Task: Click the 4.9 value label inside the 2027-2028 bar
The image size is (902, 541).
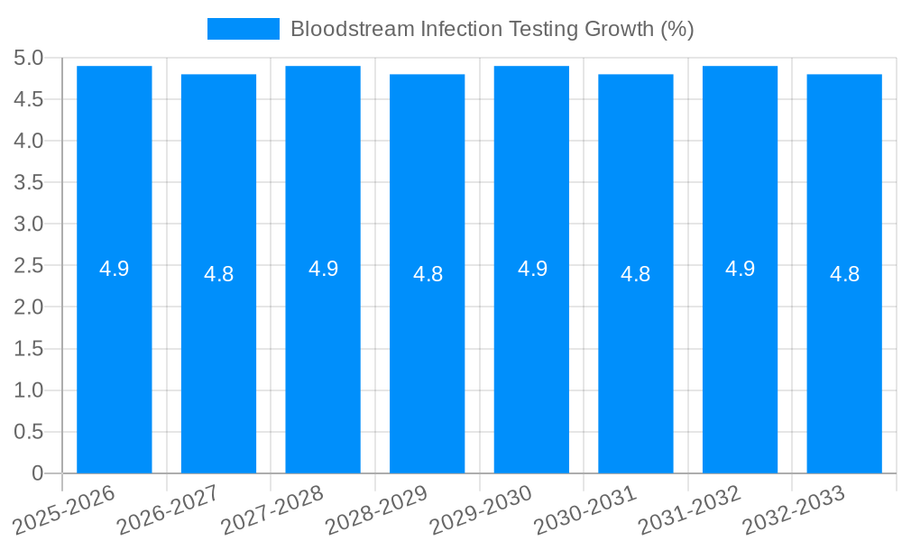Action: [x=323, y=269]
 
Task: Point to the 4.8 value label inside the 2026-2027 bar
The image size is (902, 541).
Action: [x=219, y=274]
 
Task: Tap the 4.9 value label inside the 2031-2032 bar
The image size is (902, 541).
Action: [x=740, y=269]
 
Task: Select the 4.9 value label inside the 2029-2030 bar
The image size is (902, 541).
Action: [x=532, y=269]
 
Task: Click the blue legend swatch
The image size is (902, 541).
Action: [x=244, y=29]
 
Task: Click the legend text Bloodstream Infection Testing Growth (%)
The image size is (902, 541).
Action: [x=492, y=29]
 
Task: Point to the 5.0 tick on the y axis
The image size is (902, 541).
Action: [x=29, y=58]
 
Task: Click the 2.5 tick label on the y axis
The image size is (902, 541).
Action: [x=29, y=266]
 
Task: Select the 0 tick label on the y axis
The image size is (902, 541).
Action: [x=37, y=473]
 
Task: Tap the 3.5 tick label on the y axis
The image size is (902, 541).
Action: [x=29, y=182]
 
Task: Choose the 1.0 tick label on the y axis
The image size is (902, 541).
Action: [x=29, y=390]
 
